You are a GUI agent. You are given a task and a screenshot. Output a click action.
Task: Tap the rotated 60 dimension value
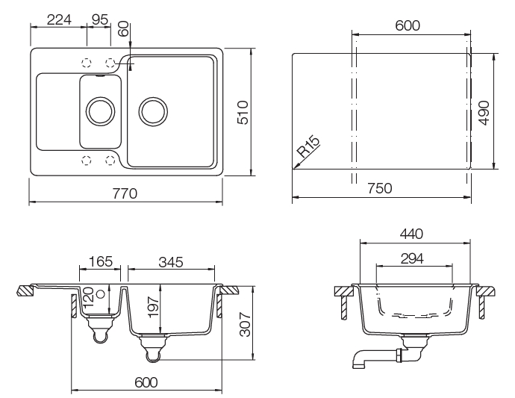pyautogui.click(x=124, y=29)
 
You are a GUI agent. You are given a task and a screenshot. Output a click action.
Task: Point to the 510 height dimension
pyautogui.click(x=241, y=112)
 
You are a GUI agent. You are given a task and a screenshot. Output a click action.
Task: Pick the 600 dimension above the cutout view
pyautogui.click(x=408, y=25)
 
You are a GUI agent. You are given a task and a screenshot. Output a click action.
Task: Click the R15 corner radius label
pyautogui.click(x=308, y=146)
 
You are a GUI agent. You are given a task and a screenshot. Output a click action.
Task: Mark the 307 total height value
pyautogui.click(x=244, y=324)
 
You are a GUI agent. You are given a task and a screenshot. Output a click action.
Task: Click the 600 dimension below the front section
pyautogui.click(x=146, y=382)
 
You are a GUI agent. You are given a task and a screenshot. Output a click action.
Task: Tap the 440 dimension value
pyautogui.click(x=410, y=234)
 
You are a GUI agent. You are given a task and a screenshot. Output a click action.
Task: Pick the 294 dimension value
pyautogui.click(x=411, y=258)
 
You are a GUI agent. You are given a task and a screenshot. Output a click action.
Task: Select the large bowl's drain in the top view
pyautogui.click(x=152, y=111)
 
